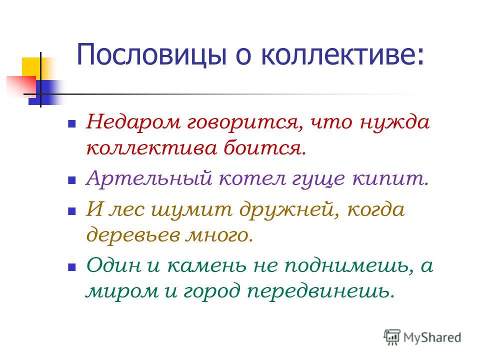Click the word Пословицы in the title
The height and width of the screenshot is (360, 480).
pyautogui.click(x=151, y=54)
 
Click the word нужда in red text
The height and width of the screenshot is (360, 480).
pyautogui.click(x=395, y=122)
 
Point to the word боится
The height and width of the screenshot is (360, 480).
pyautogui.click(x=265, y=147)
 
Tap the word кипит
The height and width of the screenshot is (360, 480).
pyautogui.click(x=390, y=178)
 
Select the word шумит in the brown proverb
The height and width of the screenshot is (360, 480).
pyautogui.click(x=191, y=209)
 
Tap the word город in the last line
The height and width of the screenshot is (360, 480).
pyautogui.click(x=211, y=291)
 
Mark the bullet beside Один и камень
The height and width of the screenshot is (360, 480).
pyautogui.click(x=71, y=267)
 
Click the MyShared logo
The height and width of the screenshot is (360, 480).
pyautogui.click(x=423, y=337)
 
